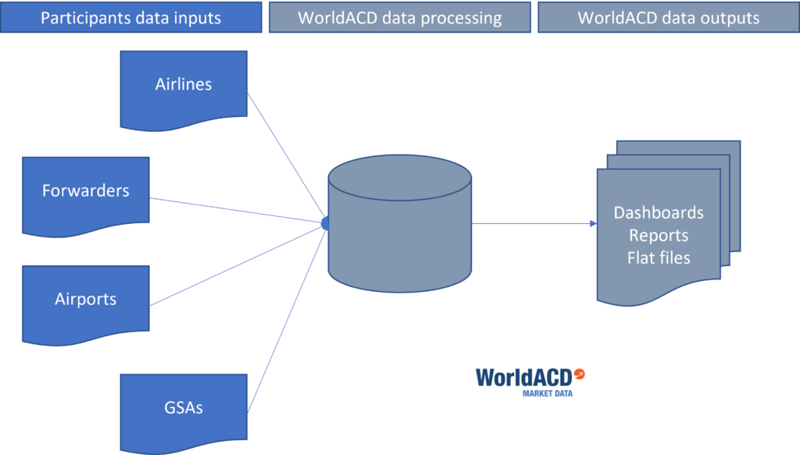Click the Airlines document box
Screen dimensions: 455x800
[184, 87]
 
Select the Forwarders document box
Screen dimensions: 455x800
[85, 192]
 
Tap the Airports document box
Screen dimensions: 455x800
[85, 300]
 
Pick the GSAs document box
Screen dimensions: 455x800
[184, 407]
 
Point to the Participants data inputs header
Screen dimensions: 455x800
[131, 17]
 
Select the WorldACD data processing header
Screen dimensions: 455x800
[399, 17]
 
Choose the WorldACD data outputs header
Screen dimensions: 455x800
[668, 17]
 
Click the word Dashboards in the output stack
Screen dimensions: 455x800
[659, 213]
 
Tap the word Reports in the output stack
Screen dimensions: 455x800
[659, 235]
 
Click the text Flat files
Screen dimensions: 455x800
[659, 258]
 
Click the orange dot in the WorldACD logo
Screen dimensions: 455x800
[579, 374]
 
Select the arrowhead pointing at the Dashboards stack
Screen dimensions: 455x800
[591, 224]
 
